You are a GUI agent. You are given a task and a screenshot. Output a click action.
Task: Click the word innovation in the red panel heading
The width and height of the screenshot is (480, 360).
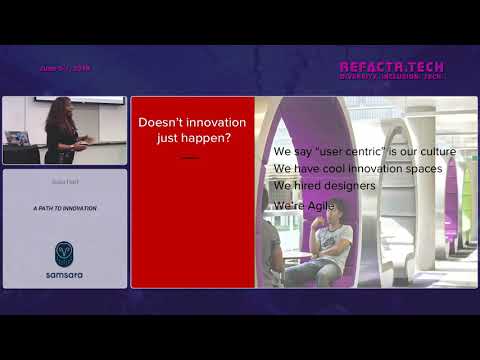pos(214,122)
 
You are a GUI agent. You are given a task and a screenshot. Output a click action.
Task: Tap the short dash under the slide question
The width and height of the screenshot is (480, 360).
pos(189,157)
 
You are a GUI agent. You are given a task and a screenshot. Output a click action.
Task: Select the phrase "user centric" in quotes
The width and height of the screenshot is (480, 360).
pos(335,152)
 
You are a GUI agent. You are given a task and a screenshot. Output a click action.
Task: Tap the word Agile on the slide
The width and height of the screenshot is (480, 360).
pos(321,205)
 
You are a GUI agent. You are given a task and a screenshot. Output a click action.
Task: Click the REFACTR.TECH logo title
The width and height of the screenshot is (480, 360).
pos(391,67)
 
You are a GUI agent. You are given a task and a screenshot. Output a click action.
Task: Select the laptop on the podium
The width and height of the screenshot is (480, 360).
pos(16,138)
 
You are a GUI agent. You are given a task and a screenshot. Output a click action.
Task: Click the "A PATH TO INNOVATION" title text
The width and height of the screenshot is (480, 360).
pos(65,208)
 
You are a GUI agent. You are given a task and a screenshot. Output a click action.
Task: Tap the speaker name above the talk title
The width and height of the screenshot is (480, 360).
pos(65,184)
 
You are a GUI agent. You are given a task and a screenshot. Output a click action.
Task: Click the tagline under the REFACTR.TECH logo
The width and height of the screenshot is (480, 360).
pos(391,77)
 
